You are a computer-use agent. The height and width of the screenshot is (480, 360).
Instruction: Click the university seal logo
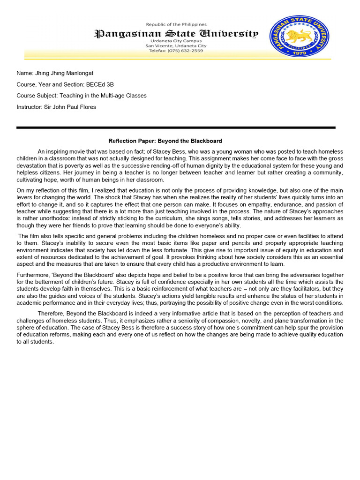[299, 36]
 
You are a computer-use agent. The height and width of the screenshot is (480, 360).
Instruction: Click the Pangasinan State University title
[176, 33]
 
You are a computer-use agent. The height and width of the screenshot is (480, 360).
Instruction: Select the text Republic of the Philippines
[176, 24]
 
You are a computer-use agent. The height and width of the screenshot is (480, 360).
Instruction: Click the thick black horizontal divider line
[176, 127]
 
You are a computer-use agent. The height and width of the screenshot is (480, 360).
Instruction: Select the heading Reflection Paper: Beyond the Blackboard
[165, 141]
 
